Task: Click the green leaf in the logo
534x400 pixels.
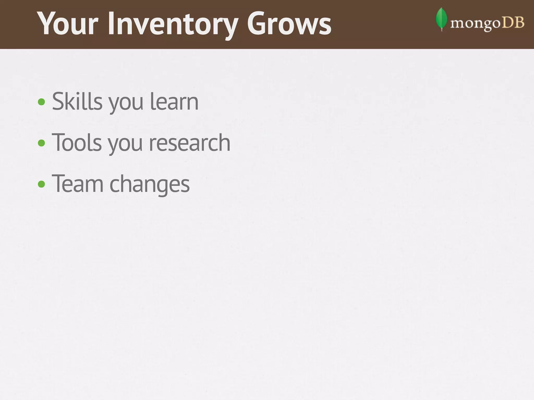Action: click(x=441, y=19)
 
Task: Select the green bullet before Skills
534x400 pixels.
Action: click(x=41, y=102)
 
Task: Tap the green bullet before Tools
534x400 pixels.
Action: click(x=41, y=143)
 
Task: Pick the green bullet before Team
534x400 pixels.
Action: click(x=41, y=184)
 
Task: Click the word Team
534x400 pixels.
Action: click(x=78, y=184)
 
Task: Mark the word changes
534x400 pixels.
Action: click(x=150, y=185)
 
